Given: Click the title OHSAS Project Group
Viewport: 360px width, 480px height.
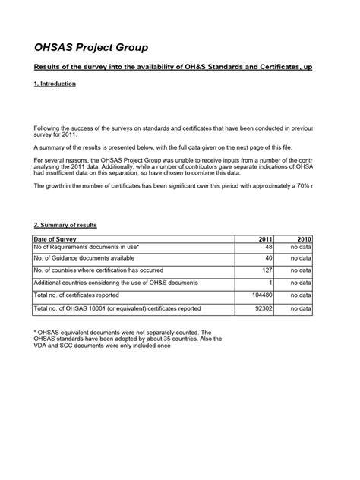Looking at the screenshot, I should pos(90,47).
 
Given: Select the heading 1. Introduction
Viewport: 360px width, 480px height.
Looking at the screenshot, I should pos(55,84).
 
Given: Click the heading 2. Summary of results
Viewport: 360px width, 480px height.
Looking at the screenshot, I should pos(65,226).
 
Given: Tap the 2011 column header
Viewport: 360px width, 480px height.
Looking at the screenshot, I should pos(267,239).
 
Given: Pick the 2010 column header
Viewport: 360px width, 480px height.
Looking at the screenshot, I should pos(305,239).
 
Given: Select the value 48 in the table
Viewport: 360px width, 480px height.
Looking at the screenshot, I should pos(268,248).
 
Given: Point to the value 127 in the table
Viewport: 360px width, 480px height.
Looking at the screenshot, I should pos(267,271).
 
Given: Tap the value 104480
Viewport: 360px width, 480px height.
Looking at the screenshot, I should pos(262,295).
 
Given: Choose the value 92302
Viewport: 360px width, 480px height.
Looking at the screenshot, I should pos(264,308).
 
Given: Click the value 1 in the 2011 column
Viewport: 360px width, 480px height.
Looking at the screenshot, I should pos(270,283).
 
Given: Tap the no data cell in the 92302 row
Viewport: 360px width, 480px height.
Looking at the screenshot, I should pos(300,308).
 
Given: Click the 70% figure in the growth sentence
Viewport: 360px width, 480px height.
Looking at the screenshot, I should pos(300,185).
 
